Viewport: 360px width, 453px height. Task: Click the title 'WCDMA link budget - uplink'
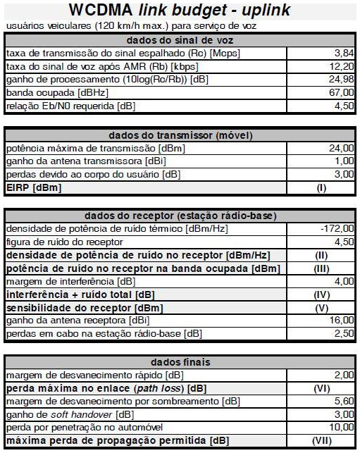tap(179, 11)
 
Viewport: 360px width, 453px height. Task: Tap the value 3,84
tap(343, 53)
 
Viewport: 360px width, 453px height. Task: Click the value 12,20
tap(342, 66)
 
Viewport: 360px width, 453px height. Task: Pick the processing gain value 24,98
tap(342, 79)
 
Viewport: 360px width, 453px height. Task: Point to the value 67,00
tap(342, 92)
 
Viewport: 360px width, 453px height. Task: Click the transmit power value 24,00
tap(342, 148)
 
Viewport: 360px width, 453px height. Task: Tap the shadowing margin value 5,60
tap(343, 402)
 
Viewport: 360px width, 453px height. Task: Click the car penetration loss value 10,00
tap(342, 428)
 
